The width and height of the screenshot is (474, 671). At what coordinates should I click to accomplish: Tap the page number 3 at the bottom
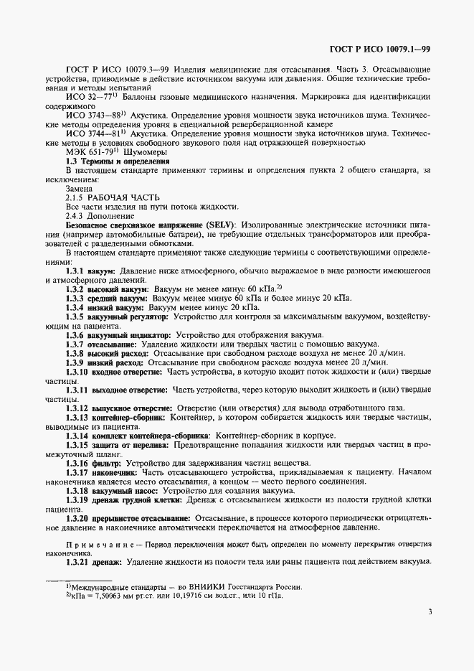point(429,612)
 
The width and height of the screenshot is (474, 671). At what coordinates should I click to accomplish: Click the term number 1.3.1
point(75,271)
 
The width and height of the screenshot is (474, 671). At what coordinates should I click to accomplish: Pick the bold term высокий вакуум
point(118,289)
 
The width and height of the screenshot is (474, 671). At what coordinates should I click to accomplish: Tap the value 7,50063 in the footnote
point(96,596)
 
